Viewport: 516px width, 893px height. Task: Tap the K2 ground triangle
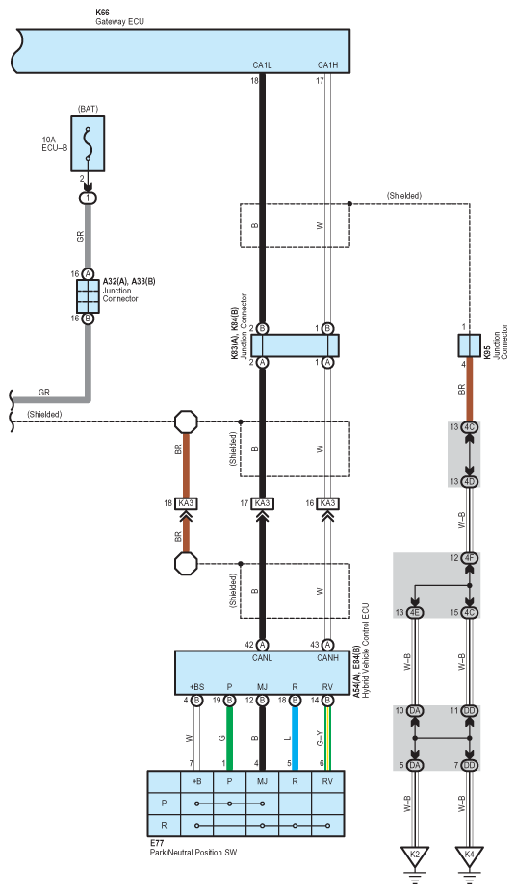[x=415, y=855]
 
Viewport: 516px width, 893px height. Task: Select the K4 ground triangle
[x=469, y=855]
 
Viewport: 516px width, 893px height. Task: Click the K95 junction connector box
[x=469, y=345]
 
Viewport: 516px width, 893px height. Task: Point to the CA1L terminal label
[x=262, y=65]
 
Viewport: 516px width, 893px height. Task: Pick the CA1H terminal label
[x=327, y=65]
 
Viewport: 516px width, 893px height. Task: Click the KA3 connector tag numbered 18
[x=186, y=503]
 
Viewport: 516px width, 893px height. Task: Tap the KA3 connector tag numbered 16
[x=327, y=503]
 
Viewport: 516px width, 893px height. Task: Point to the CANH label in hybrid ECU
[x=327, y=658]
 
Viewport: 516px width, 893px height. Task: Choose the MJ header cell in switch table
[x=262, y=782]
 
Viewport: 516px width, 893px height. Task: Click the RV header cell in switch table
[x=327, y=782]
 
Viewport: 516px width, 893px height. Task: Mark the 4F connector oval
[x=469, y=558]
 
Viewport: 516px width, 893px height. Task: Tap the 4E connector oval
[x=415, y=613]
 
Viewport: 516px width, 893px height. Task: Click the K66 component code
[x=102, y=12]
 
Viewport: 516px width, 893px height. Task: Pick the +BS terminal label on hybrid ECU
[x=196, y=687]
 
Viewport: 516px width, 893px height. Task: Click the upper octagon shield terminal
[x=186, y=422]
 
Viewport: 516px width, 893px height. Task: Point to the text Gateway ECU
[x=119, y=21]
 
